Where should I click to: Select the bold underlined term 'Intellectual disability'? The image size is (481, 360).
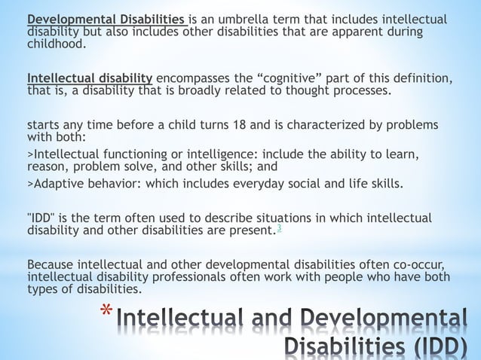pyautogui.click(x=90, y=79)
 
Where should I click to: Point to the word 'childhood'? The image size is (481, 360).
pyautogui.click(x=55, y=44)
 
